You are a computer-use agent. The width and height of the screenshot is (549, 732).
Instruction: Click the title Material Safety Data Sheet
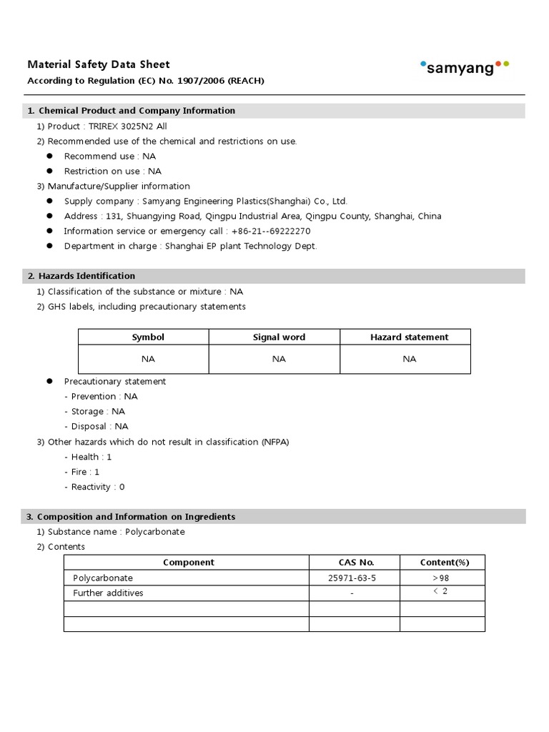pyautogui.click(x=99, y=64)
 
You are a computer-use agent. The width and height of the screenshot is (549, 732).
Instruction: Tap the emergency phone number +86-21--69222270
pyautogui.click(x=271, y=231)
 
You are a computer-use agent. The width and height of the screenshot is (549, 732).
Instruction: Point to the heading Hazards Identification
pyautogui.click(x=86, y=276)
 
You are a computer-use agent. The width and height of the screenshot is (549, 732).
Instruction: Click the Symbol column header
pyautogui.click(x=148, y=337)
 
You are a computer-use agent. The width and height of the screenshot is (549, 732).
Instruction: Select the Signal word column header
pyautogui.click(x=279, y=337)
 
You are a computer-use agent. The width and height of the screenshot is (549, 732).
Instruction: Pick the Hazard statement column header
pyautogui.click(x=409, y=337)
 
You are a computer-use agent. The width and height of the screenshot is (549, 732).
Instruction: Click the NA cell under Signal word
pyautogui.click(x=279, y=359)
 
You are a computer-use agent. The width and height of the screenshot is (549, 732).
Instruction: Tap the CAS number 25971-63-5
pyautogui.click(x=352, y=578)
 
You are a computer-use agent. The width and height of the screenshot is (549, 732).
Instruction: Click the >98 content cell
pyautogui.click(x=440, y=578)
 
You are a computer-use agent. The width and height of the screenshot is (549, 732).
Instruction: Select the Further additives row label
pyautogui.click(x=108, y=593)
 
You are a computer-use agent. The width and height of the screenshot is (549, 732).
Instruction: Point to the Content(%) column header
pyautogui.click(x=444, y=563)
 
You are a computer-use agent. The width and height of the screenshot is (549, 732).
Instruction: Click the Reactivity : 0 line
pyautogui.click(x=98, y=487)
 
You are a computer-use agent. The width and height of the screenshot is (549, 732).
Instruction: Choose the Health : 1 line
pyautogui.click(x=91, y=457)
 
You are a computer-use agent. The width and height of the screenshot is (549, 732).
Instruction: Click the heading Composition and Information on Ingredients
pyautogui.click(x=136, y=517)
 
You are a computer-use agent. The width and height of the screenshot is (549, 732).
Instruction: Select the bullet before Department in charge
pyautogui.click(x=50, y=246)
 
